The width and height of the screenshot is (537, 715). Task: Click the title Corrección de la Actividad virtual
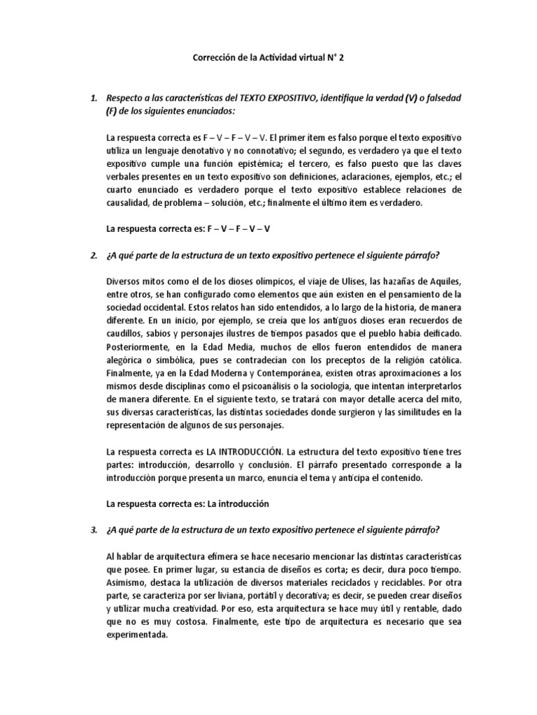point(268,60)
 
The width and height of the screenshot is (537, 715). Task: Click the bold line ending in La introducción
point(187,503)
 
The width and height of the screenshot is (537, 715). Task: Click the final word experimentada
point(137,635)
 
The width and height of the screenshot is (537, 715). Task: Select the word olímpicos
point(265,282)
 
